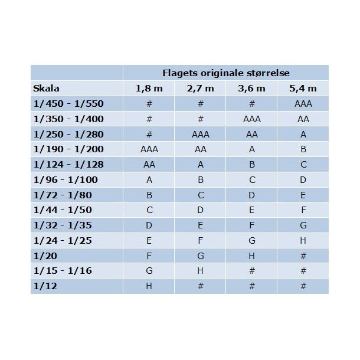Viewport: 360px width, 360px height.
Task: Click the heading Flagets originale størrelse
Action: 225,73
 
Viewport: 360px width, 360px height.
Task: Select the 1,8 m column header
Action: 149,89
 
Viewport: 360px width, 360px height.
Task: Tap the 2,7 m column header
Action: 200,89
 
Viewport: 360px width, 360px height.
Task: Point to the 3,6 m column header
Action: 251,89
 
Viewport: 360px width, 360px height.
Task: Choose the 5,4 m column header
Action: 303,89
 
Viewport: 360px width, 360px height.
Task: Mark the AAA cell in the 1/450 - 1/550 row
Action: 303,104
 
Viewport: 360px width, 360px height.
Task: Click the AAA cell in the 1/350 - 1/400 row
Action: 251,119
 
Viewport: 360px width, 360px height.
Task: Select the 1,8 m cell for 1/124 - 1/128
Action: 149,165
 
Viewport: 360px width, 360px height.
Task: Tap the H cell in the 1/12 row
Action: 149,286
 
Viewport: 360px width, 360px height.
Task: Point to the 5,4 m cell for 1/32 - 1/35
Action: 303,225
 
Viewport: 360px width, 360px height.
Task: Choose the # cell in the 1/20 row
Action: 303,256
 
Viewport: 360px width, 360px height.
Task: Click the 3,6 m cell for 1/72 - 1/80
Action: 251,195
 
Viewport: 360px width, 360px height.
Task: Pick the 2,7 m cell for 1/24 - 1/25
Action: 200,241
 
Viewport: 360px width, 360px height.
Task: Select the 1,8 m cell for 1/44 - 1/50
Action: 149,210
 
